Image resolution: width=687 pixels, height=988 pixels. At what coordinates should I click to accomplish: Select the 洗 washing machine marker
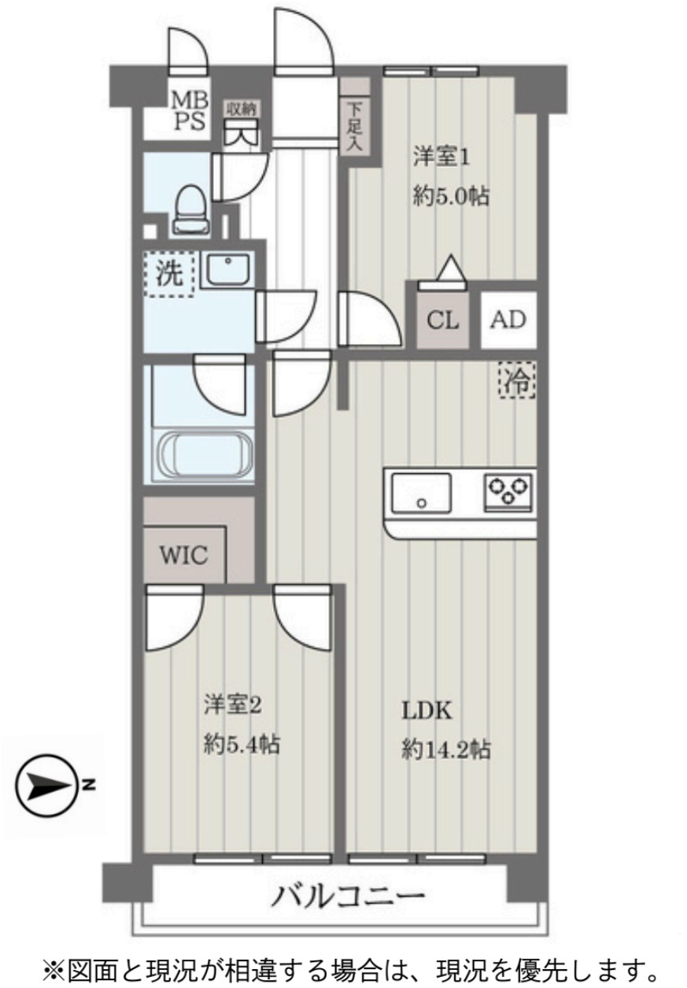tap(168, 273)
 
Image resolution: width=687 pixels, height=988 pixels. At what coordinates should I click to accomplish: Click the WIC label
tap(184, 556)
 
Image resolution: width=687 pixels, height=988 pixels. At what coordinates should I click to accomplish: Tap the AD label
tap(508, 320)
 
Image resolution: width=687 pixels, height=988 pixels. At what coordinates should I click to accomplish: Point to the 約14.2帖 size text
tap(446, 749)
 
